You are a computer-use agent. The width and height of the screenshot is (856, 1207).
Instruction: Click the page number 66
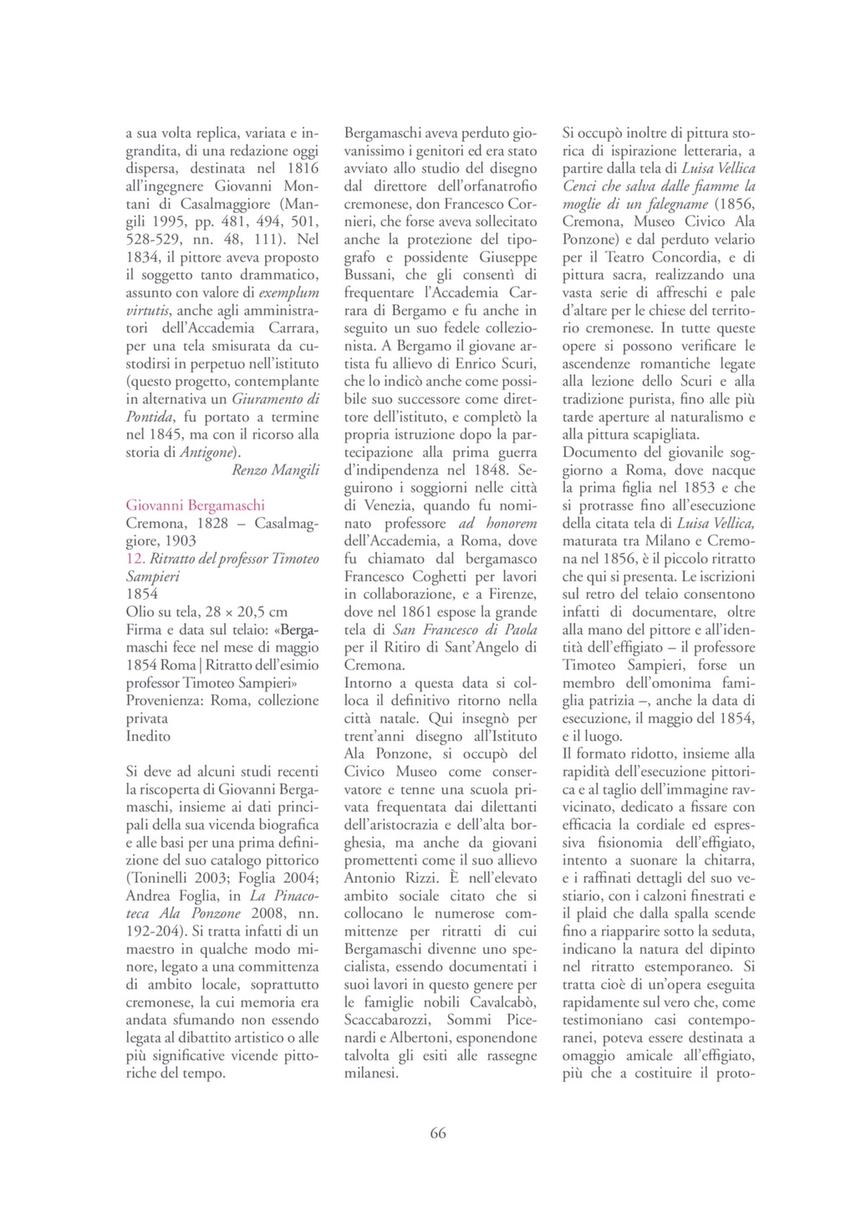click(438, 1133)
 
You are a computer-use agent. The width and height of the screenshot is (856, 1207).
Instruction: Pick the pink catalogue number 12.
click(135, 559)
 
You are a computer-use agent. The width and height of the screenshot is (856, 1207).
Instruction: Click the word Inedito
click(148, 736)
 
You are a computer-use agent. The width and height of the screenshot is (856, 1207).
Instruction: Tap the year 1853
click(698, 488)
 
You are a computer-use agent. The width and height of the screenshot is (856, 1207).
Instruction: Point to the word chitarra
click(728, 860)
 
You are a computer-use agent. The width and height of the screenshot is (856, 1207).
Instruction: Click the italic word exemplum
click(289, 293)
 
